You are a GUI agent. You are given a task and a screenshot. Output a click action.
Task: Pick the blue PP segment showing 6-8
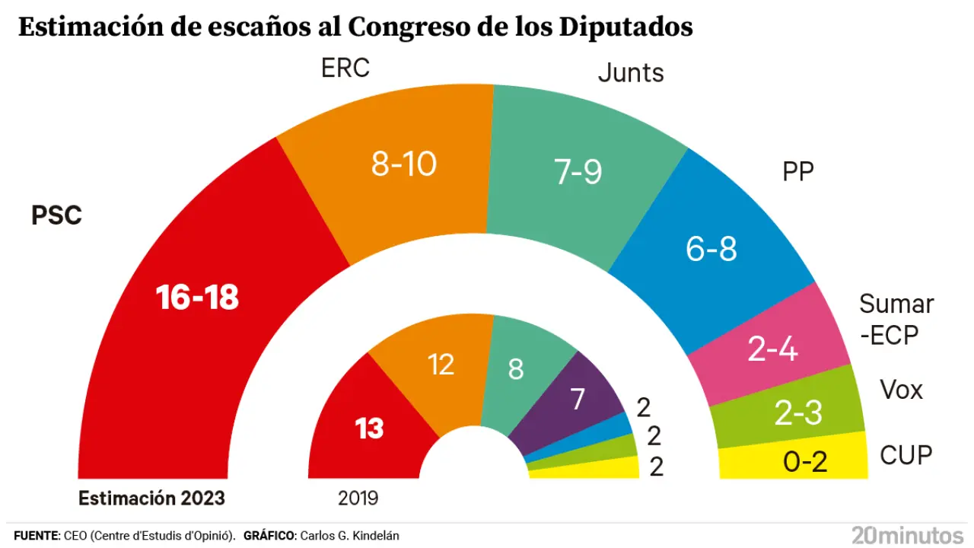coord(711,247)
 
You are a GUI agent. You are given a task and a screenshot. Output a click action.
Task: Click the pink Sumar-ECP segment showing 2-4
coord(772,349)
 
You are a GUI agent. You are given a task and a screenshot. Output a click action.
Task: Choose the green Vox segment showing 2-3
coord(797,413)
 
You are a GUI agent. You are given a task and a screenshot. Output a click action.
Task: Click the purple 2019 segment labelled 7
coord(577,398)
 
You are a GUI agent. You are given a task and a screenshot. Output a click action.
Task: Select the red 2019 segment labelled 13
coord(369,429)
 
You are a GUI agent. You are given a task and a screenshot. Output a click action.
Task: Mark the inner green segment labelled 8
coord(516,369)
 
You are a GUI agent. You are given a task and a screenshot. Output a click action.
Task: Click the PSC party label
coord(56,215)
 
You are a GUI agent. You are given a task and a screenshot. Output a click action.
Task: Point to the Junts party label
coord(631,73)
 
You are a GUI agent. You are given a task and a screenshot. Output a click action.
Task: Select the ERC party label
coord(345,68)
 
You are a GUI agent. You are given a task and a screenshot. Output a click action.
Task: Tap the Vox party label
coord(901,390)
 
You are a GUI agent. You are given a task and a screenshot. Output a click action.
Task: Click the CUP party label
coord(906,455)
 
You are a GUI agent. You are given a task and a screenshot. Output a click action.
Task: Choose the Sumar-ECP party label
coord(896,319)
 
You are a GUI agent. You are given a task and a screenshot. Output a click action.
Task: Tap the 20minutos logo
coord(907,534)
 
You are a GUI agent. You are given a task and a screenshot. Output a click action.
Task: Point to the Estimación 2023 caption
coord(151,499)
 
